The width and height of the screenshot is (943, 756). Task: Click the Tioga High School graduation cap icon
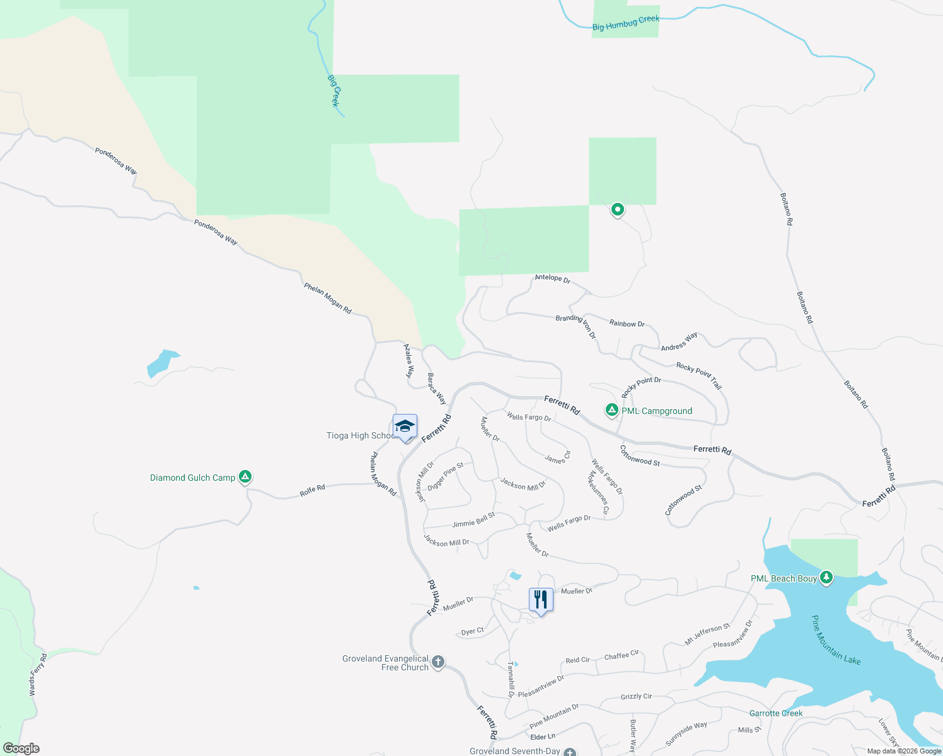pyautogui.click(x=405, y=427)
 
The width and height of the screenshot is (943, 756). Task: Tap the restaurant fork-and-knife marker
pyautogui.click(x=541, y=599)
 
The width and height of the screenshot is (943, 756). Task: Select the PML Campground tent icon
pyautogui.click(x=611, y=410)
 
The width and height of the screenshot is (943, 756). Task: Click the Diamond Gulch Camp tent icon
pyautogui.click(x=246, y=477)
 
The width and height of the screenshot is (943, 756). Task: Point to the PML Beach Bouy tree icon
pyautogui.click(x=826, y=577)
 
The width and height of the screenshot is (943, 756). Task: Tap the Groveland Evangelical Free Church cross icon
pyautogui.click(x=438, y=662)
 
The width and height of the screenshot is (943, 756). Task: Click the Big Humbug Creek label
pyautogui.click(x=625, y=23)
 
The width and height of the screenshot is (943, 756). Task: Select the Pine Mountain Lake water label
pyautogui.click(x=835, y=640)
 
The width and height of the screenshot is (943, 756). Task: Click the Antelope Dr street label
pyautogui.click(x=552, y=278)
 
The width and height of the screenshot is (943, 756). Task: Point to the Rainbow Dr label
pyautogui.click(x=627, y=323)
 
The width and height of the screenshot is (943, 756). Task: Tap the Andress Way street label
pyautogui.click(x=679, y=341)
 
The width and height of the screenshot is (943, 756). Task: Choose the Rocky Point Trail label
pyautogui.click(x=699, y=375)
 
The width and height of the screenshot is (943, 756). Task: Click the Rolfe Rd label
pyautogui.click(x=312, y=490)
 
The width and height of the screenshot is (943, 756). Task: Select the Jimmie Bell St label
pyautogui.click(x=473, y=520)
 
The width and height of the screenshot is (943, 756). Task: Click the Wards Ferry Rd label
pyautogui.click(x=38, y=675)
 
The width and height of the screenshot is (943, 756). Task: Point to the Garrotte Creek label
pyautogui.click(x=775, y=713)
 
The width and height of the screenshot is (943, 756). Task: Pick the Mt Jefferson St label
pyautogui.click(x=707, y=634)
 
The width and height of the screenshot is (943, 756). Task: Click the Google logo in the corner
pyautogui.click(x=21, y=748)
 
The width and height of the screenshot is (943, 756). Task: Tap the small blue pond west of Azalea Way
pyautogui.click(x=161, y=363)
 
